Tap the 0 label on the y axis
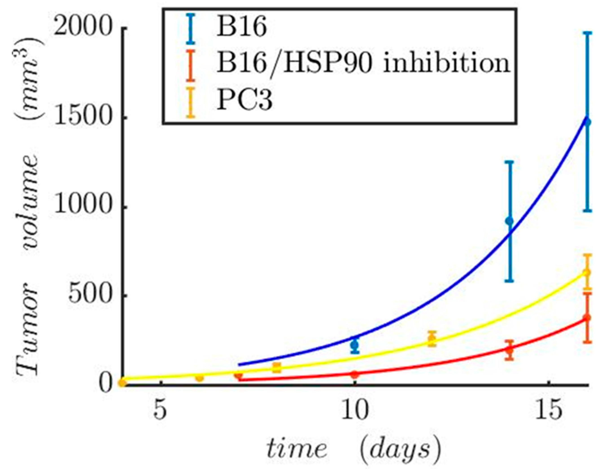106,385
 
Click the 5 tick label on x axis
160,412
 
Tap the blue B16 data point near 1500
587,122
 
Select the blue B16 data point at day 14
509,221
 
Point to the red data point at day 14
509,350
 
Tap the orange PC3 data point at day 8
277,368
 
